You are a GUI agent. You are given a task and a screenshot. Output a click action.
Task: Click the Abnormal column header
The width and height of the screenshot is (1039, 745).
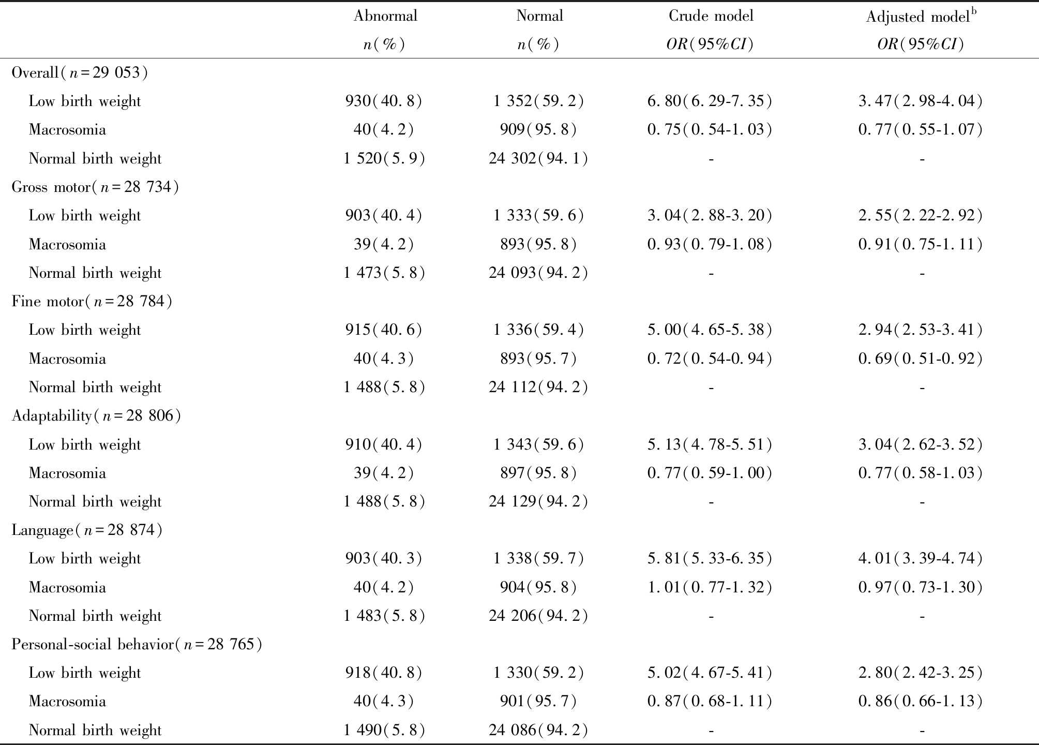tap(385, 16)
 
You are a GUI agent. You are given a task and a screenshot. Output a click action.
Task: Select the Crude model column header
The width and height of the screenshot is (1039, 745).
tap(711, 16)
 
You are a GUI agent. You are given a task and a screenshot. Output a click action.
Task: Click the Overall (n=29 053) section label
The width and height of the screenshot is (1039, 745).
tap(80, 72)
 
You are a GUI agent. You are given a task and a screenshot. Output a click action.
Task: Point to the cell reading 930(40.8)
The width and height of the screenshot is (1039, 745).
tap(384, 101)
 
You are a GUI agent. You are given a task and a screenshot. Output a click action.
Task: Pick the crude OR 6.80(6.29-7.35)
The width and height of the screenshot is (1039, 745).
tap(710, 101)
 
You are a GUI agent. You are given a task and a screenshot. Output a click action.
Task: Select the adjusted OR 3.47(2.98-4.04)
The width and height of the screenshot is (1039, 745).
tap(921, 101)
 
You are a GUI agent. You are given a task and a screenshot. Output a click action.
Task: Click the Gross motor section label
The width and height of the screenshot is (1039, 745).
tap(95, 187)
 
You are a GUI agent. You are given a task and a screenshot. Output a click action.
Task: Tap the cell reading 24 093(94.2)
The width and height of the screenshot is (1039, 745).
tap(538, 273)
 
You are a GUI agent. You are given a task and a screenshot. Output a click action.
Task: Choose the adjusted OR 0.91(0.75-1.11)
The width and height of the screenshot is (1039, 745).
tap(921, 244)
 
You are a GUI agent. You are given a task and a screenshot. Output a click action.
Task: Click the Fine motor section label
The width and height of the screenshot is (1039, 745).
tap(92, 301)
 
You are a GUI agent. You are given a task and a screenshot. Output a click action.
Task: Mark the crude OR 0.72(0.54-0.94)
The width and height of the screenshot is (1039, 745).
tap(710, 359)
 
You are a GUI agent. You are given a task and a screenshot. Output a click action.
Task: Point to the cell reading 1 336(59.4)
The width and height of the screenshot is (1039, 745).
tap(538, 330)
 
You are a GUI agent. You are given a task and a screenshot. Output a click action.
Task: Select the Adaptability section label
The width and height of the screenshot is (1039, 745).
tap(96, 415)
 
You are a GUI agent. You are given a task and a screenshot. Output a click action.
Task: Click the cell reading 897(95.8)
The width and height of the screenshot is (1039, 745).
tap(538, 473)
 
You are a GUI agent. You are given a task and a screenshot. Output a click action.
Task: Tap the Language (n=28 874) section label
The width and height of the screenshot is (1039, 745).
tap(87, 530)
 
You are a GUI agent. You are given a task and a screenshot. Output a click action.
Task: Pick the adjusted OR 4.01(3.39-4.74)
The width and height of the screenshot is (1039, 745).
tap(921, 558)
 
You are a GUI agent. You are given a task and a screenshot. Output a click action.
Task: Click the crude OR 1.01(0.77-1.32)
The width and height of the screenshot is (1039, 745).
tap(710, 587)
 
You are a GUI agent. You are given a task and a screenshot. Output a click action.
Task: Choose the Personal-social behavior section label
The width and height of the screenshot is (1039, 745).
tap(137, 644)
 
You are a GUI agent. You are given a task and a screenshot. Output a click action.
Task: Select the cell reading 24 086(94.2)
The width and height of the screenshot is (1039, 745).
tap(538, 730)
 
